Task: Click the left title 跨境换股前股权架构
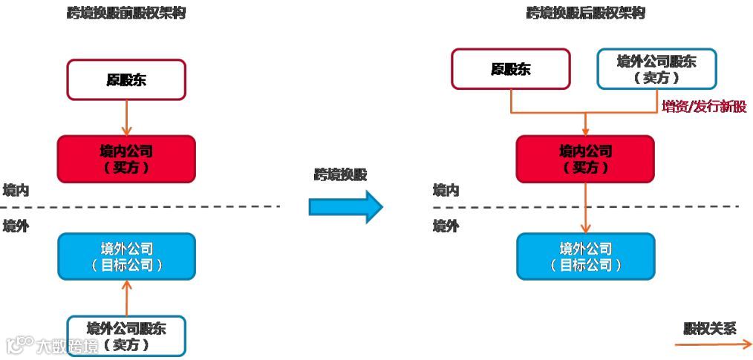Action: (125, 14)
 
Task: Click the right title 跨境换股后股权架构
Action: (585, 13)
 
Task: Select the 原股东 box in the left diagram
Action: (125, 79)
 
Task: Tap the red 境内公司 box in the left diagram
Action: (125, 158)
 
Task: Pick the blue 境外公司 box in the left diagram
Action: (126, 256)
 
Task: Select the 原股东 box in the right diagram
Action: (511, 69)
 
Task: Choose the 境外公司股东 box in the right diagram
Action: (657, 69)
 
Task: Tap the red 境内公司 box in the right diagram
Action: (585, 158)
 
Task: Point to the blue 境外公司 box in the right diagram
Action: (585, 256)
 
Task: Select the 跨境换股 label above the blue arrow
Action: (341, 174)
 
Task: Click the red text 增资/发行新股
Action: (703, 107)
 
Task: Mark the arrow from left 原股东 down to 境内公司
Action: (125, 117)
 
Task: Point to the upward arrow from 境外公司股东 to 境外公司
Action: (126, 297)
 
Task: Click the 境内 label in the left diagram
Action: (16, 190)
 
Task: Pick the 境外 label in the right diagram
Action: (446, 226)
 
